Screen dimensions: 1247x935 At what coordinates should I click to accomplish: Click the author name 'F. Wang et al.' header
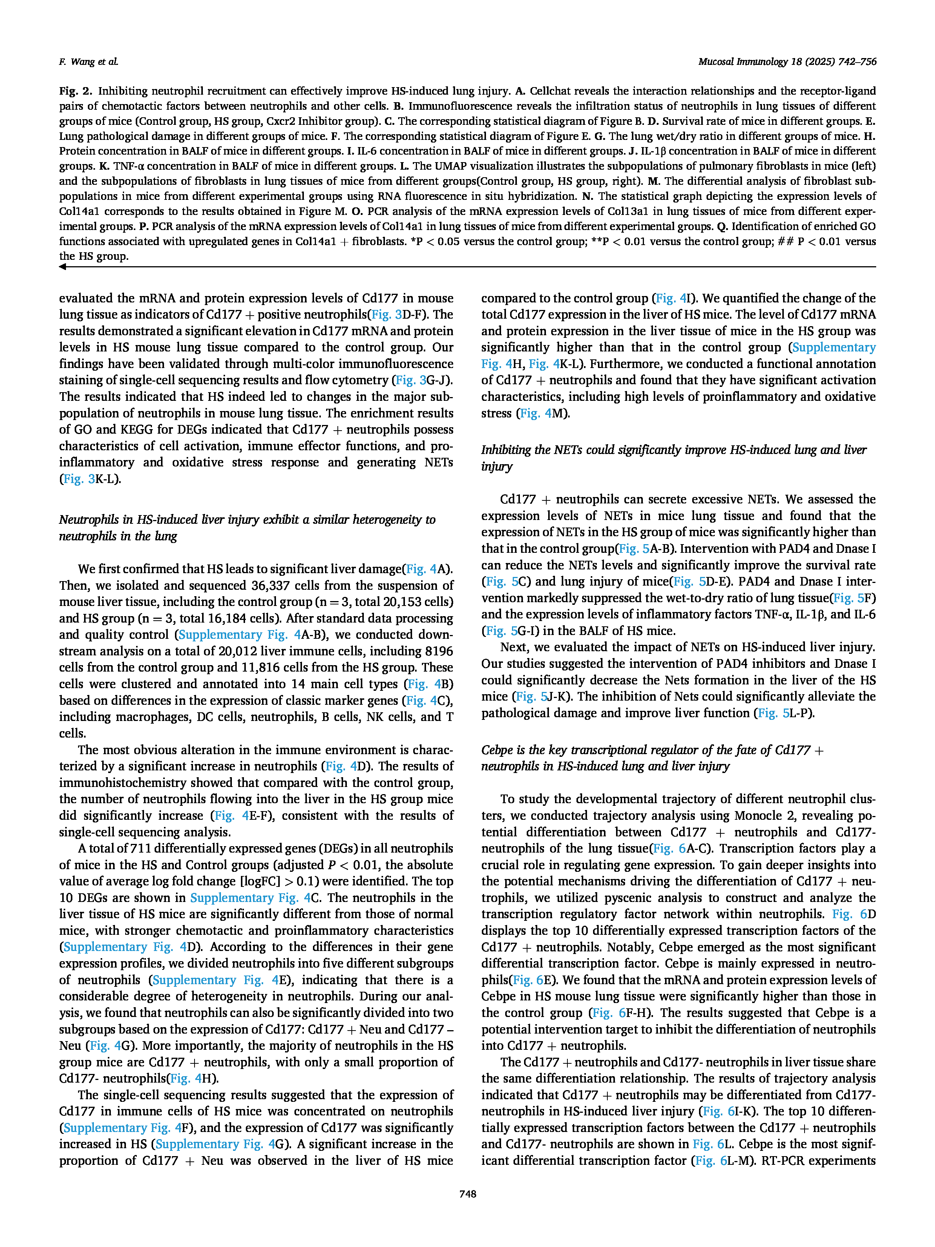pos(89,62)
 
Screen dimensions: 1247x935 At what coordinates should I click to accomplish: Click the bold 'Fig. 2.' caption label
pos(75,91)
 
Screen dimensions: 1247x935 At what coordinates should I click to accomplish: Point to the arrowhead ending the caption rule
pos(63,267)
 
